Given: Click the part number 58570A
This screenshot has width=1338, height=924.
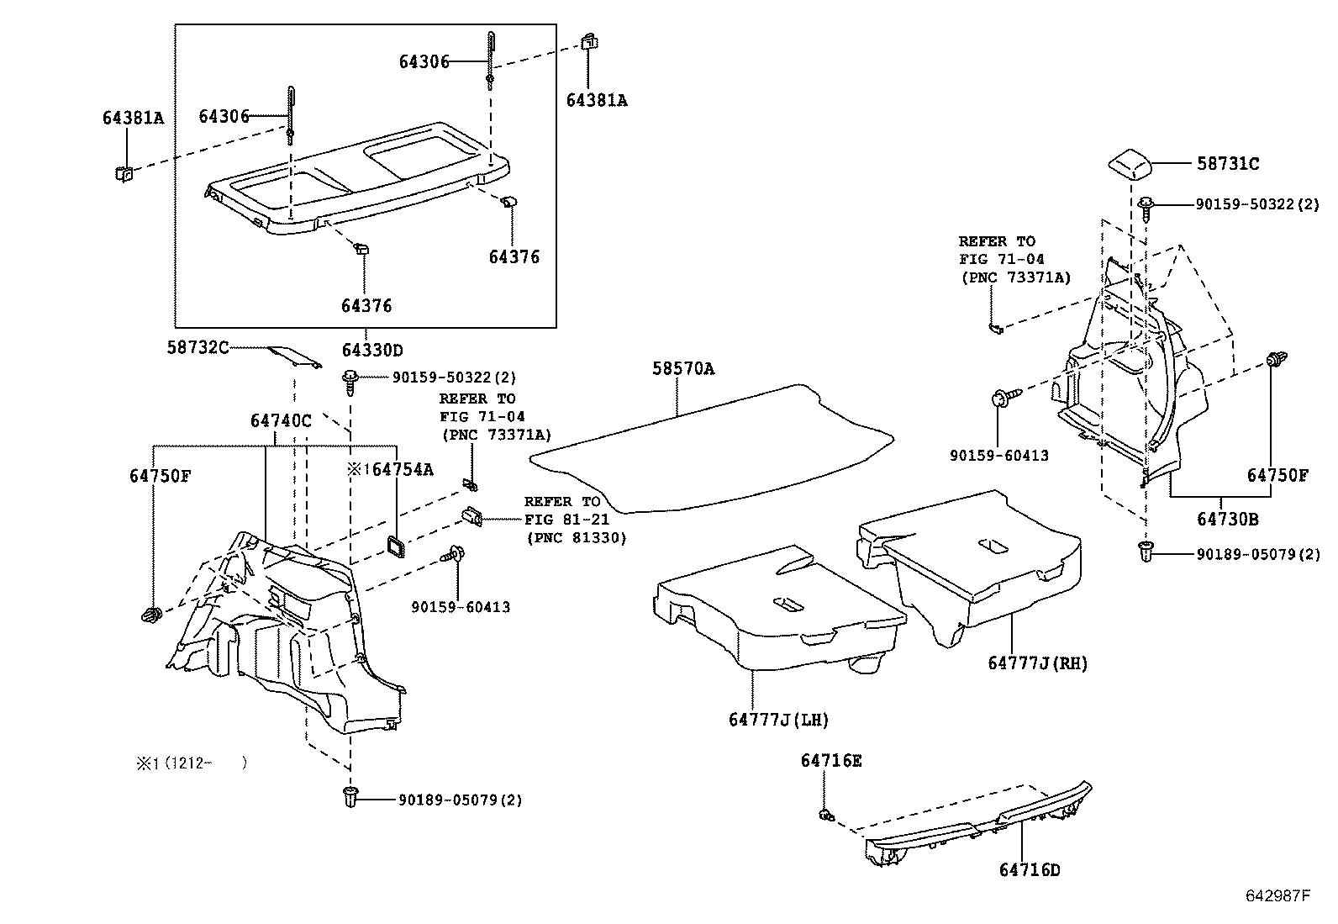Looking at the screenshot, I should click(683, 368).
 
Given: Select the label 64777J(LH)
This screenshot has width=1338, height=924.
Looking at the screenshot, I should click(778, 720).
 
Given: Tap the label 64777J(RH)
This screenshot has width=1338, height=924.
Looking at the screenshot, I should click(1037, 663).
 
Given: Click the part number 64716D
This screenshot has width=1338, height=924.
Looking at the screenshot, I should click(1030, 870).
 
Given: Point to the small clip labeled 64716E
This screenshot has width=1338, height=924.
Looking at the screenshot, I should click(825, 814).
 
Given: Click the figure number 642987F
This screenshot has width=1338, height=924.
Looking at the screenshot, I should click(1277, 895).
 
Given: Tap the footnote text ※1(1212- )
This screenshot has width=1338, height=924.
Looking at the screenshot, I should click(192, 763).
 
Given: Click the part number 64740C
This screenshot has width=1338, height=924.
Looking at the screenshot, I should click(280, 420).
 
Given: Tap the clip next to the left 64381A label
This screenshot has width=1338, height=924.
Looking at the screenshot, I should click(124, 173).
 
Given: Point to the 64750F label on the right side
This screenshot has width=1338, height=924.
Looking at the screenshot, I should click(1277, 476).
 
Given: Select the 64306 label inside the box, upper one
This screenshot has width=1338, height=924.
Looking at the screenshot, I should click(424, 61).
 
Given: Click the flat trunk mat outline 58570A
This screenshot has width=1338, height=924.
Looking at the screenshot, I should click(714, 454).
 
